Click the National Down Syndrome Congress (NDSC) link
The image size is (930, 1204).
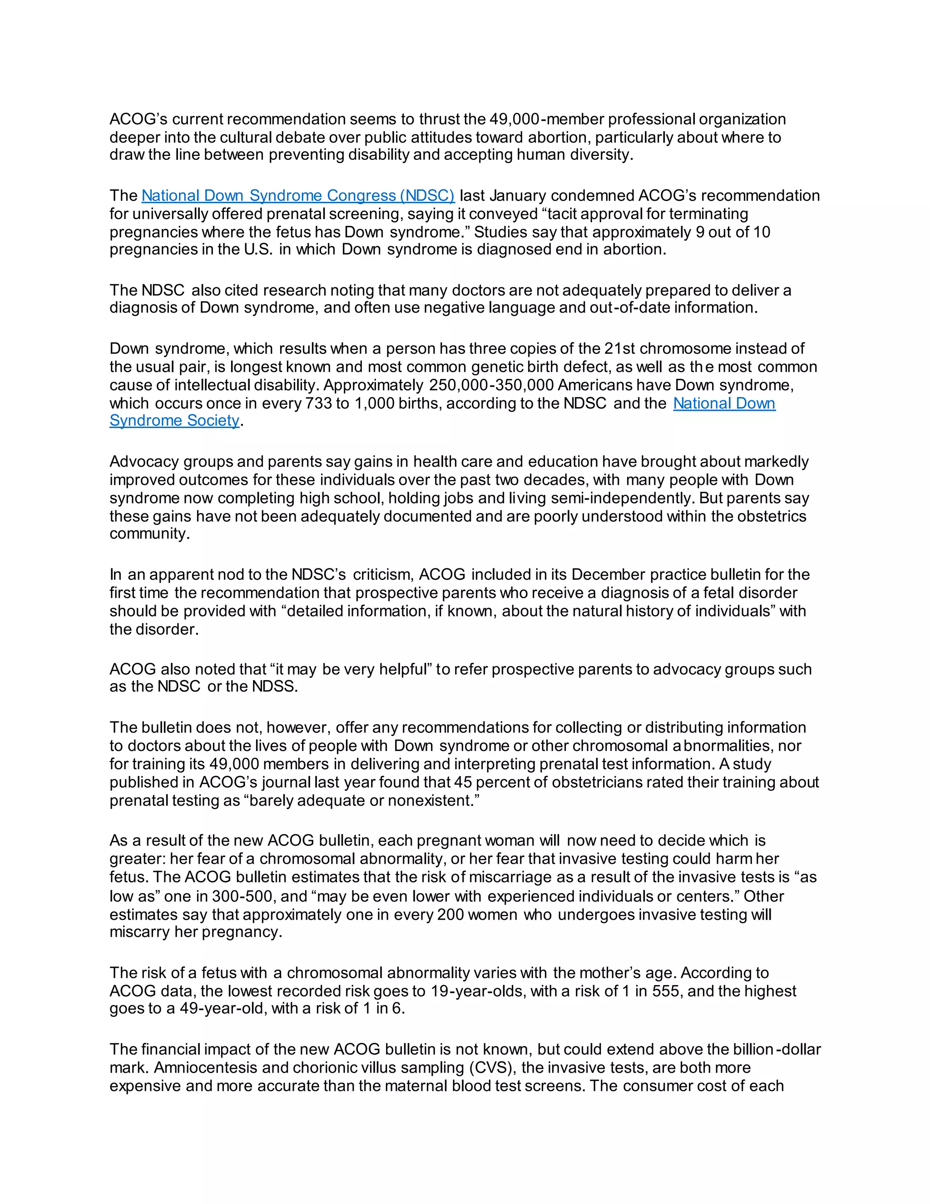(297, 196)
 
